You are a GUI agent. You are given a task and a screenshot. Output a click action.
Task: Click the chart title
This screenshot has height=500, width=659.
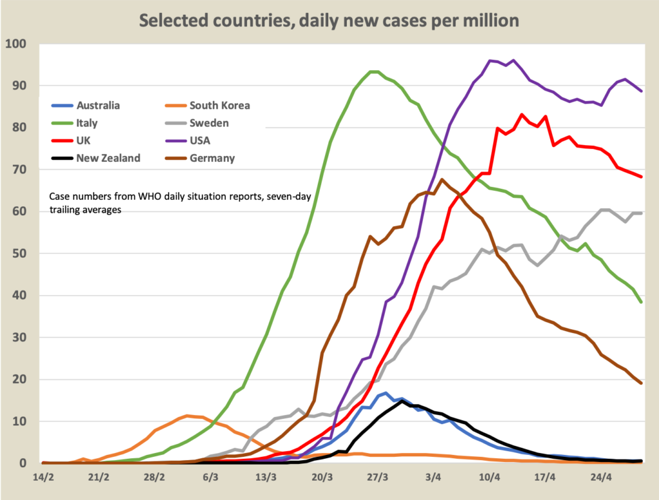(x=329, y=20)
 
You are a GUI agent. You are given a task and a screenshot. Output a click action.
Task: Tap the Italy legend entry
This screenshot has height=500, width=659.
(x=87, y=123)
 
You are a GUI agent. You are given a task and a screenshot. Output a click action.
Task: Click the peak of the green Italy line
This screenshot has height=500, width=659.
(x=374, y=71)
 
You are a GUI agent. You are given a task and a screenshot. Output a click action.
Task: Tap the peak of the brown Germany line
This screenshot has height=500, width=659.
(x=442, y=179)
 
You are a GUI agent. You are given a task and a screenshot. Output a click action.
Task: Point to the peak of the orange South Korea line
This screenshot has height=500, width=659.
(x=187, y=416)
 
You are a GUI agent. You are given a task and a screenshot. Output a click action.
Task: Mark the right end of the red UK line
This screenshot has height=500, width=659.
(x=641, y=177)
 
